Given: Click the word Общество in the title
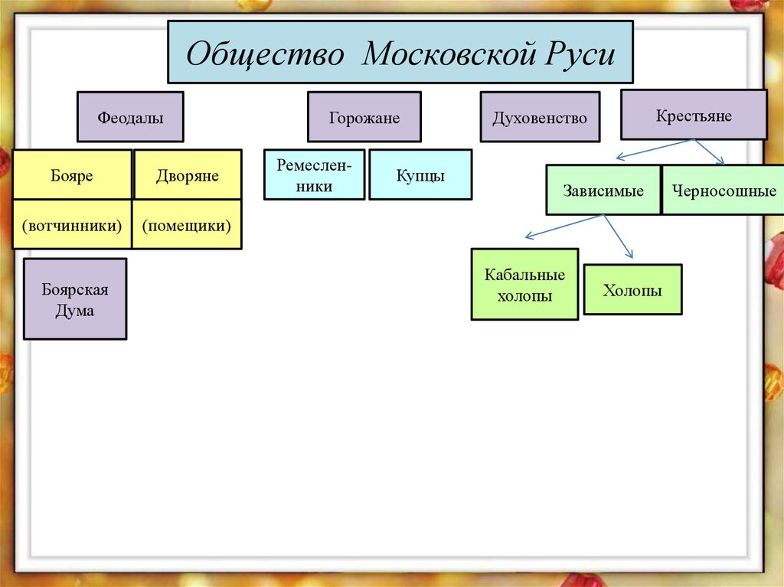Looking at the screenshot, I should click(x=263, y=55).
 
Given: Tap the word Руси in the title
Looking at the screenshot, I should click(x=585, y=55).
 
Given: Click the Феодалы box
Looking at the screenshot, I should click(x=130, y=118).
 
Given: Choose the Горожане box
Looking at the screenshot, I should click(x=364, y=118).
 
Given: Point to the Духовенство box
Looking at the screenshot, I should click(x=540, y=118).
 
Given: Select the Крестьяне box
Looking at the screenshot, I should click(x=694, y=116).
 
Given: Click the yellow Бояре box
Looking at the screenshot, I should click(x=72, y=175).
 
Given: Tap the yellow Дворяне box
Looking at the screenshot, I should click(x=188, y=175).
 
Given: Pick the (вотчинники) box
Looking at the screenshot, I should click(x=72, y=225).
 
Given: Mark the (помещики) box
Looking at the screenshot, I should click(x=187, y=225).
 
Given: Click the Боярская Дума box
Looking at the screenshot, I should click(x=75, y=299).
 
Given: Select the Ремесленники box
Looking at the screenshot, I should click(x=315, y=175).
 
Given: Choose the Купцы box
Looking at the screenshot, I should click(x=420, y=175).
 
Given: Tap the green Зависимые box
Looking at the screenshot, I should click(x=603, y=191).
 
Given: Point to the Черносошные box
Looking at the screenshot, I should click(x=723, y=191).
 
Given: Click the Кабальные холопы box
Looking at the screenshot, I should click(x=525, y=285).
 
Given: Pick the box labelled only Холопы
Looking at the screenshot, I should click(x=632, y=290).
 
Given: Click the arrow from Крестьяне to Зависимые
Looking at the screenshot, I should click(x=655, y=149).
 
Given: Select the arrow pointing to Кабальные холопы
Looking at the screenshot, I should click(x=563, y=227).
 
